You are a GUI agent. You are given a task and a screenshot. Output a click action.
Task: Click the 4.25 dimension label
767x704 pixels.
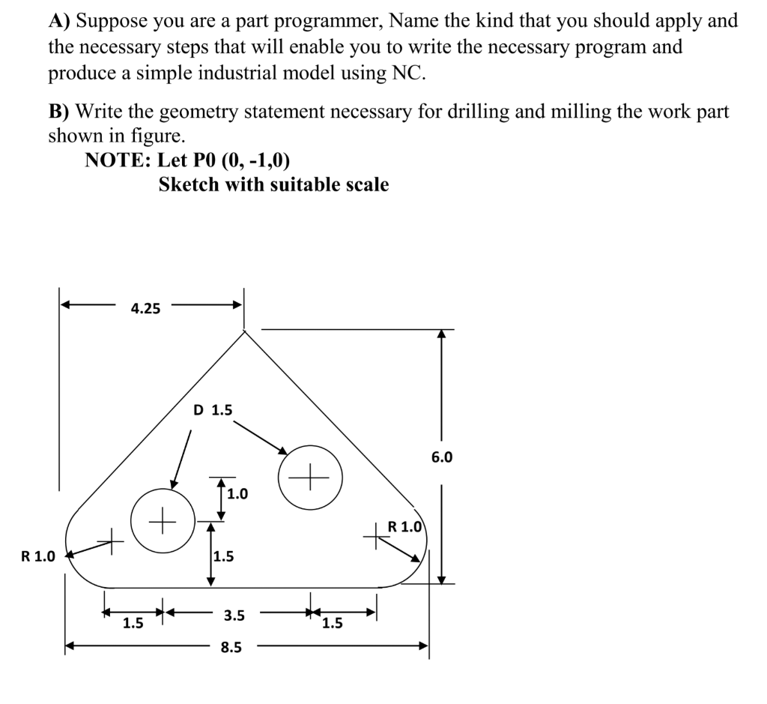click(145, 308)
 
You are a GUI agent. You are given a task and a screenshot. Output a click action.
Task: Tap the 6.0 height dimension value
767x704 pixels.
click(441, 457)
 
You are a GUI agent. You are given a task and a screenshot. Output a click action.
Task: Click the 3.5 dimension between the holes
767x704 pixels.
click(234, 616)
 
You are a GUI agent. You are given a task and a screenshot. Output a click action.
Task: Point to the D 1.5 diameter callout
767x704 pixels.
click(213, 410)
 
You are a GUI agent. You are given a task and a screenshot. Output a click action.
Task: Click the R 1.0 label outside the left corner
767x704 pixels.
click(38, 556)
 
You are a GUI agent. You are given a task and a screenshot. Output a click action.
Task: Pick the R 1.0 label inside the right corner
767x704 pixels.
click(405, 526)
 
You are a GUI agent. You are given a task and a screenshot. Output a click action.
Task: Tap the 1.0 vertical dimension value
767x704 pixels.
click(237, 494)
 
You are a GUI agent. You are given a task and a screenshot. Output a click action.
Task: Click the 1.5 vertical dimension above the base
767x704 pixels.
click(223, 556)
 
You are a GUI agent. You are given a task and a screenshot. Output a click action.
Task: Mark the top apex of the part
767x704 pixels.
click(244, 331)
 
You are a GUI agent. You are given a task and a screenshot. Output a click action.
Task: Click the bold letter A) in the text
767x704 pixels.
click(59, 20)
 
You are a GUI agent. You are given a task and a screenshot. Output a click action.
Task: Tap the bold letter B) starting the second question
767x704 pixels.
click(59, 112)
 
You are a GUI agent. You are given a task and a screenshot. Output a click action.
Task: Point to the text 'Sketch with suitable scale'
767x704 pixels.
click(273, 184)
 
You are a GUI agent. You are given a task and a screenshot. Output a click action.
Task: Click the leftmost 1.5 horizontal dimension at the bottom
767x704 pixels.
click(133, 622)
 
